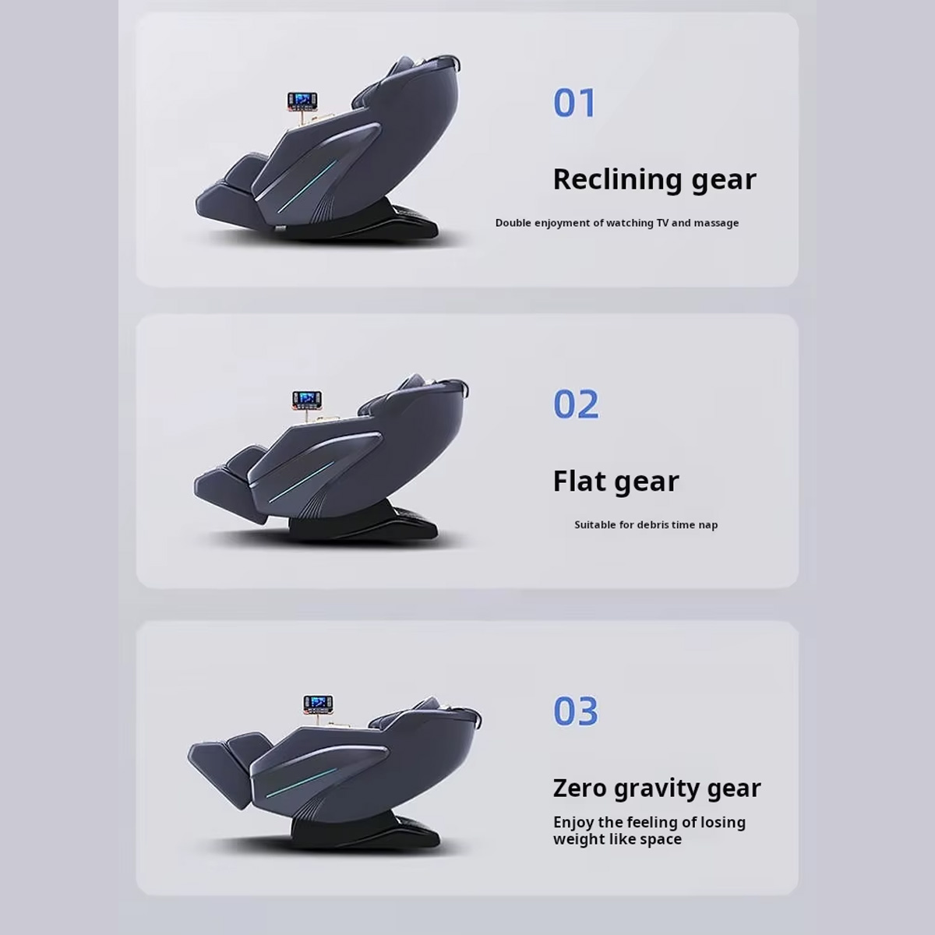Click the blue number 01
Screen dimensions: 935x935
pos(574,103)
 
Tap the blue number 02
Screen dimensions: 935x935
pos(576,404)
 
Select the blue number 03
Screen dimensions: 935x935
pos(576,711)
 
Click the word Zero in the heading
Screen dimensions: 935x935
pos(580,788)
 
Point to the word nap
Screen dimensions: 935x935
pos(708,525)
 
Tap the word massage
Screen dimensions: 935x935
pos(716,224)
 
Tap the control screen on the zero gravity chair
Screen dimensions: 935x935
pos(319,703)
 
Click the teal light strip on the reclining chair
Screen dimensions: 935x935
pos(307,186)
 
